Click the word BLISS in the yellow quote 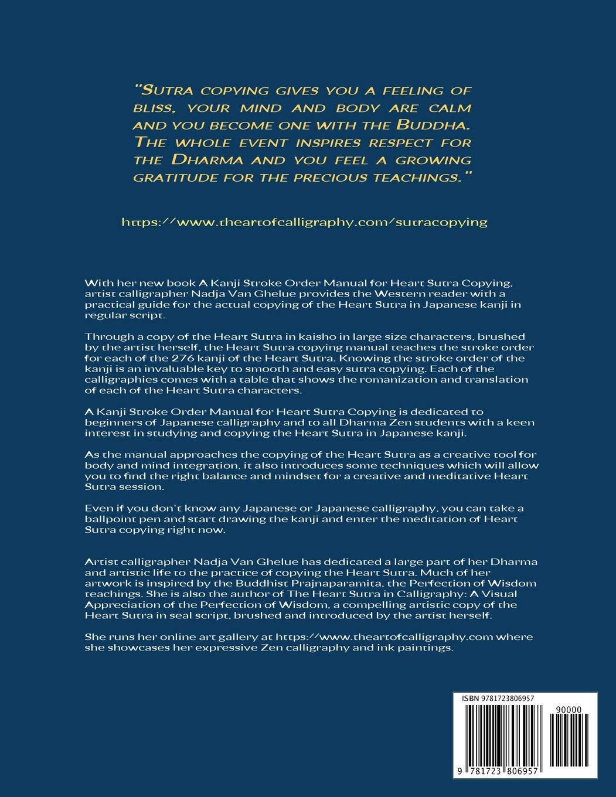(x=151, y=108)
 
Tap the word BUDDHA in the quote (x=431, y=125)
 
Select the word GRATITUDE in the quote (x=173, y=177)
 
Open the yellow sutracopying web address (x=304, y=222)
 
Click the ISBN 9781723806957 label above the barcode (x=497, y=699)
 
